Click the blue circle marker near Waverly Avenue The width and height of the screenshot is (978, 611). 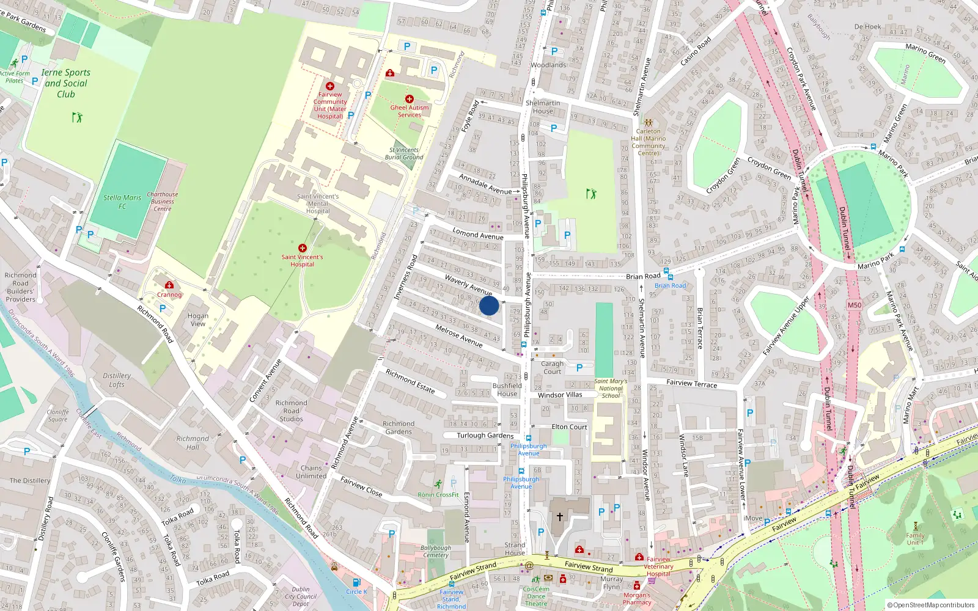tap(488, 305)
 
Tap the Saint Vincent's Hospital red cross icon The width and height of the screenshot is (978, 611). tap(302, 248)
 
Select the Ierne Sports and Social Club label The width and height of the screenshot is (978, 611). tap(65, 83)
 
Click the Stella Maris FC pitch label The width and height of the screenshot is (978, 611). tap(122, 202)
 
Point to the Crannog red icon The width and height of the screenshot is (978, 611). tap(169, 285)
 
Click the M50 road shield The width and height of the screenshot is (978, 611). tap(854, 305)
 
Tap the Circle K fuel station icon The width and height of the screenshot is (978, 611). tap(356, 582)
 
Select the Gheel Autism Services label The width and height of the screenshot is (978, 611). tap(410, 111)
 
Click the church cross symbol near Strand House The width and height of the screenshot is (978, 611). tap(559, 517)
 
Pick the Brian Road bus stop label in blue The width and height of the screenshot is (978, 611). tap(670, 285)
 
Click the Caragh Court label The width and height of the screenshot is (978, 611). tap(552, 367)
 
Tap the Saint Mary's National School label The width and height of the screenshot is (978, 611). tap(611, 388)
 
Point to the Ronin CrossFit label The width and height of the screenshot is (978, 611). tap(438, 494)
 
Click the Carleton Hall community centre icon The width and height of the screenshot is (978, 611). tap(648, 122)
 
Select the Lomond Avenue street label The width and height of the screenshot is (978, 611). tap(478, 233)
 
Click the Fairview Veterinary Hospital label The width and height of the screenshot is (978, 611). tap(658, 566)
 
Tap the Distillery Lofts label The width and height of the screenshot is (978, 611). tap(117, 380)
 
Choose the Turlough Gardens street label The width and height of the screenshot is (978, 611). tap(485, 435)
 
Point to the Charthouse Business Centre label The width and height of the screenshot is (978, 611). tap(162, 202)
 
